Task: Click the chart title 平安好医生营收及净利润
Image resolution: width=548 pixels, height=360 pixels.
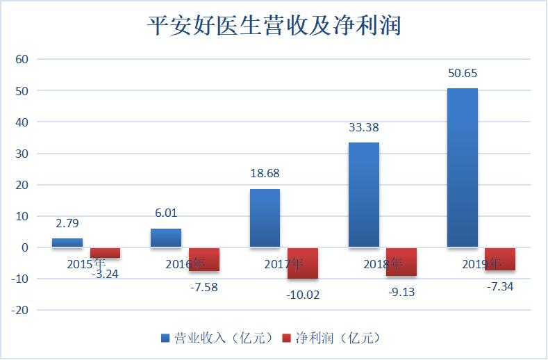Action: pyautogui.click(x=275, y=26)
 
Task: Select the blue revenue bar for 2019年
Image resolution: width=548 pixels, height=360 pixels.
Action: pyautogui.click(x=462, y=167)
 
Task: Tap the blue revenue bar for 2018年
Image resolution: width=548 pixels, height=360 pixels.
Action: pyautogui.click(x=363, y=195)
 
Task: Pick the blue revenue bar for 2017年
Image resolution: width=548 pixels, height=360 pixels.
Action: pyautogui.click(x=265, y=218)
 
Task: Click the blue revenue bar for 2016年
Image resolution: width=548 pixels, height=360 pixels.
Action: pyautogui.click(x=166, y=238)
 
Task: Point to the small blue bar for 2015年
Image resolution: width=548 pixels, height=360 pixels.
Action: pyautogui.click(x=67, y=243)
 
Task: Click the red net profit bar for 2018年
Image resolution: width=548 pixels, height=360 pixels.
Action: pyautogui.click(x=401, y=262)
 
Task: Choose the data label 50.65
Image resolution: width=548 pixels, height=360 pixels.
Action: pyautogui.click(x=462, y=73)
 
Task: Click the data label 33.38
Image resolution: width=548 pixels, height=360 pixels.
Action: pyautogui.click(x=363, y=127)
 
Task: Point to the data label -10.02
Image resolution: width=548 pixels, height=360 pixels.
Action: pyautogui.click(x=303, y=294)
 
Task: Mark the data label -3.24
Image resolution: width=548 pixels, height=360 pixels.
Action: pyautogui.click(x=106, y=274)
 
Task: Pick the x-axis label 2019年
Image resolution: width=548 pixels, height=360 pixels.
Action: pyautogui.click(x=481, y=264)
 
